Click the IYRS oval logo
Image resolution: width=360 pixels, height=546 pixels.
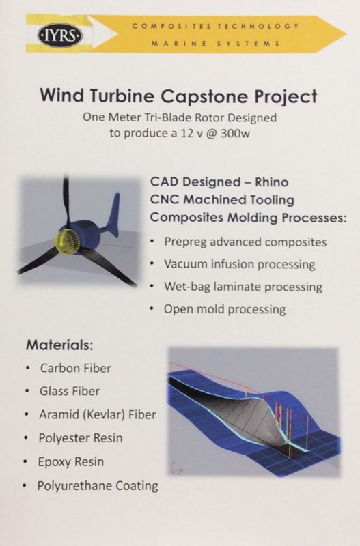(60, 35)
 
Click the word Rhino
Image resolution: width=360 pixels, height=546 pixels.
(271, 182)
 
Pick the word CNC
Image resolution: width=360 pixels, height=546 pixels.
(165, 199)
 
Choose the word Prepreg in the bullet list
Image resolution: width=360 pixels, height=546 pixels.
(184, 242)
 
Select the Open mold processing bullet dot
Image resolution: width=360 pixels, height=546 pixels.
(152, 308)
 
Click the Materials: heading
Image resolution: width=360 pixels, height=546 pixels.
(59, 345)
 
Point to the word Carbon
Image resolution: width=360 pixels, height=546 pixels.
(59, 368)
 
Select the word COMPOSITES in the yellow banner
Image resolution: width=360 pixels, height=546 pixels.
(171, 27)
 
